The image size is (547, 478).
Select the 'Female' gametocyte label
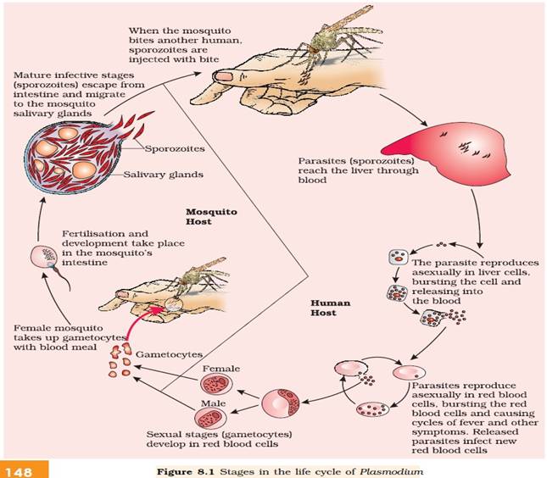point(220,370)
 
